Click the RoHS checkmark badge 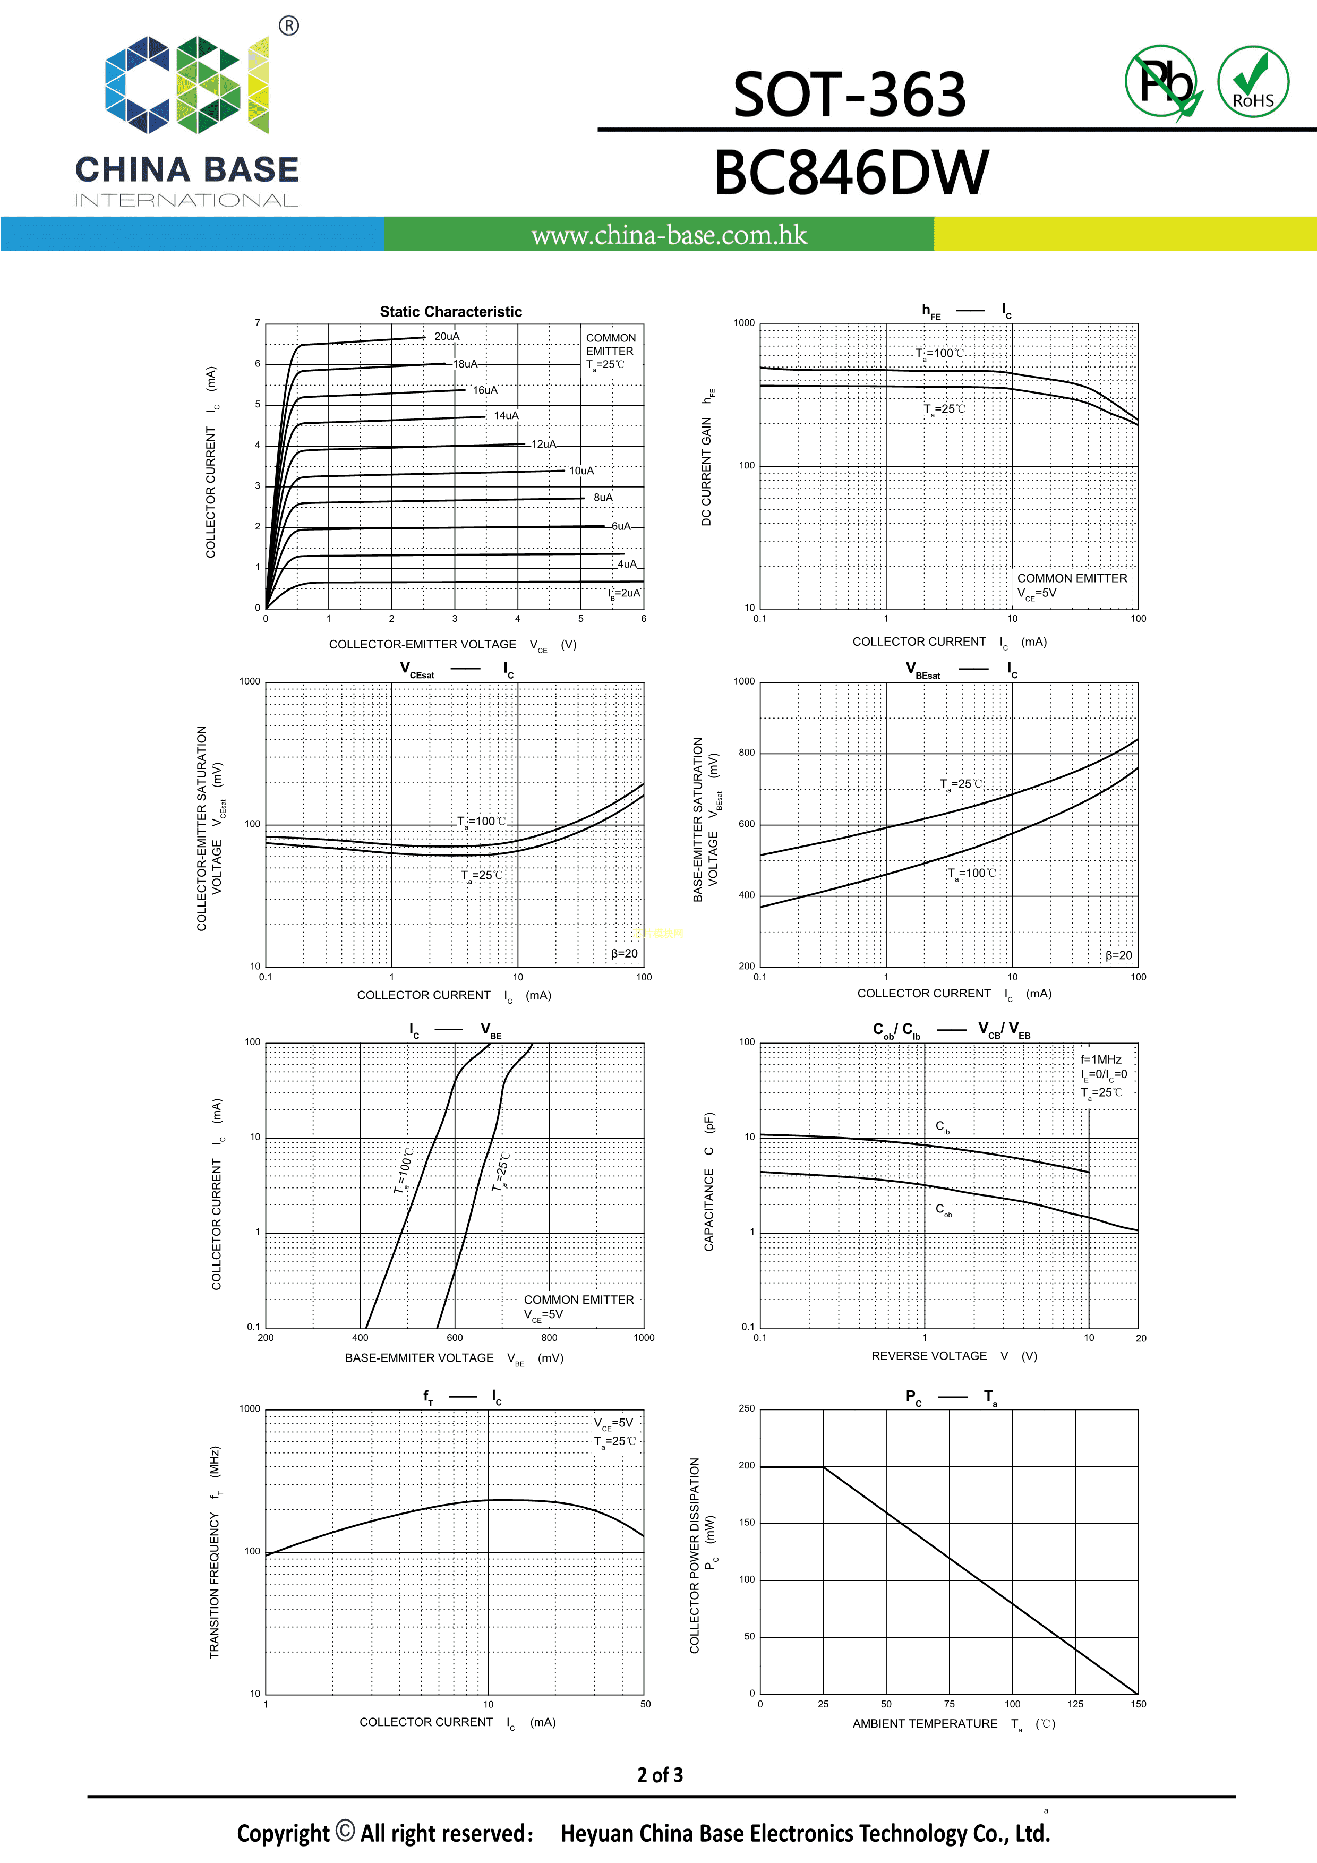point(1253,81)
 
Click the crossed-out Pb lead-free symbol point(1163,82)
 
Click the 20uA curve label point(446,337)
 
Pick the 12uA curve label point(544,444)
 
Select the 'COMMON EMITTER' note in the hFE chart point(1072,578)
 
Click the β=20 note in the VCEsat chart point(624,953)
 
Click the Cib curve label point(942,1127)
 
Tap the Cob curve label point(943,1210)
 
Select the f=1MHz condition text point(1100,1059)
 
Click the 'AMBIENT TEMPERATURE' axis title point(925,1723)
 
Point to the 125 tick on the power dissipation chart point(1075,1704)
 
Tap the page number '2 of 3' point(660,1775)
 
